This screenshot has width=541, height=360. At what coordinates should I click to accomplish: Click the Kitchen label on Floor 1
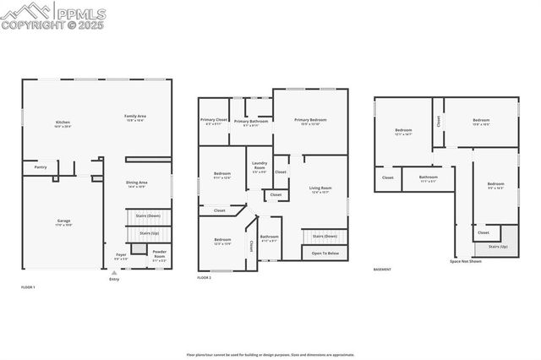[x=63, y=123]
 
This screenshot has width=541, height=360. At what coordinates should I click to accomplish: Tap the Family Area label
[x=135, y=117]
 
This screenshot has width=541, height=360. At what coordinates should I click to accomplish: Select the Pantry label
[x=40, y=167]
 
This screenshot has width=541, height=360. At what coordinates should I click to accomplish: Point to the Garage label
[x=63, y=222]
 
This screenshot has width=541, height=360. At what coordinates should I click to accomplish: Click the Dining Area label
[x=137, y=183]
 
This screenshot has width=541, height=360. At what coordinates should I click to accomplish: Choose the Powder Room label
[x=159, y=254]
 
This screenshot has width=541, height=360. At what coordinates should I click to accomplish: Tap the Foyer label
[x=120, y=254]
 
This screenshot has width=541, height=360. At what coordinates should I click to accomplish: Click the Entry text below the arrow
[x=114, y=279]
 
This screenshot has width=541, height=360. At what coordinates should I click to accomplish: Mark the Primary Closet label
[x=215, y=122]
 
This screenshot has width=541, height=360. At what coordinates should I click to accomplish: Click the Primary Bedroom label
[x=309, y=122]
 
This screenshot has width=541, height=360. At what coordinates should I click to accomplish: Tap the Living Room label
[x=320, y=189]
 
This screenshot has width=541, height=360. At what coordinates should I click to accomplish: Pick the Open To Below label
[x=325, y=253]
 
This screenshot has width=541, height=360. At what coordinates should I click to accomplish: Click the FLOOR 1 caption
[x=28, y=287]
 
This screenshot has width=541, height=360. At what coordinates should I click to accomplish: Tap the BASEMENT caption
[x=382, y=270]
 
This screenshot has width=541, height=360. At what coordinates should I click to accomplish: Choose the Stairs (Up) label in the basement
[x=498, y=247]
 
